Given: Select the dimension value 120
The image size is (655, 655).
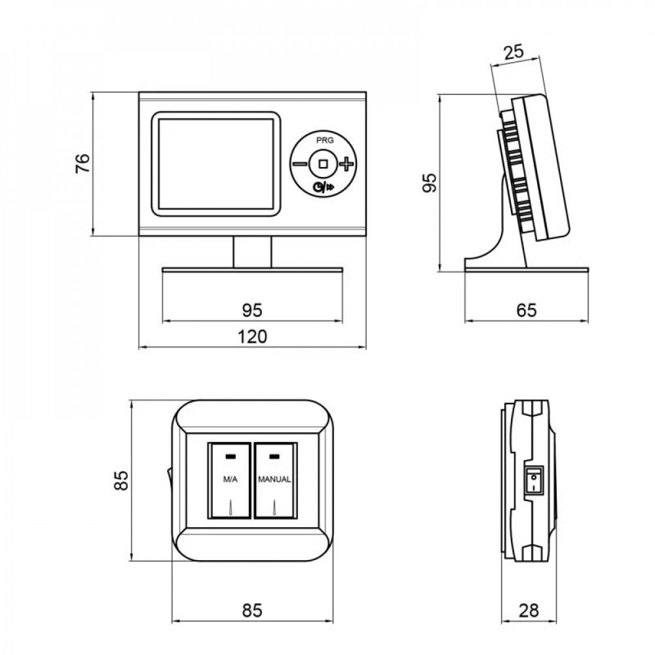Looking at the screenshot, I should [252, 337].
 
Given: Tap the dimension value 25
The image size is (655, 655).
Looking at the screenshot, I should [514, 52].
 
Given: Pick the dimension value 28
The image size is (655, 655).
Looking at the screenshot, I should [529, 610].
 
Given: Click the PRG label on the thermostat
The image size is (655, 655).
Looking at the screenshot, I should [323, 140].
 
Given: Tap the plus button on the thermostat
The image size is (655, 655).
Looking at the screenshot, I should [345, 163].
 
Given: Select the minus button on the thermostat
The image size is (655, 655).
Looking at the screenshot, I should [300, 163].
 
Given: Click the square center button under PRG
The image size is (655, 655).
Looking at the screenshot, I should [323, 163].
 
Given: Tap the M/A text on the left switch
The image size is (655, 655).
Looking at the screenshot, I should [230, 479].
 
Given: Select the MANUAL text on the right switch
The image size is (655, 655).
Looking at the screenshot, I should [274, 479].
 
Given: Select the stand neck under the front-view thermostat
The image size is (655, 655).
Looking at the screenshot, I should [252, 252].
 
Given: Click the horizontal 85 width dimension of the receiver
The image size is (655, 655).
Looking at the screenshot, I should [252, 610].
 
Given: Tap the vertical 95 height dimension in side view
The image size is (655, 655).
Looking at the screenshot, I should [429, 183].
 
